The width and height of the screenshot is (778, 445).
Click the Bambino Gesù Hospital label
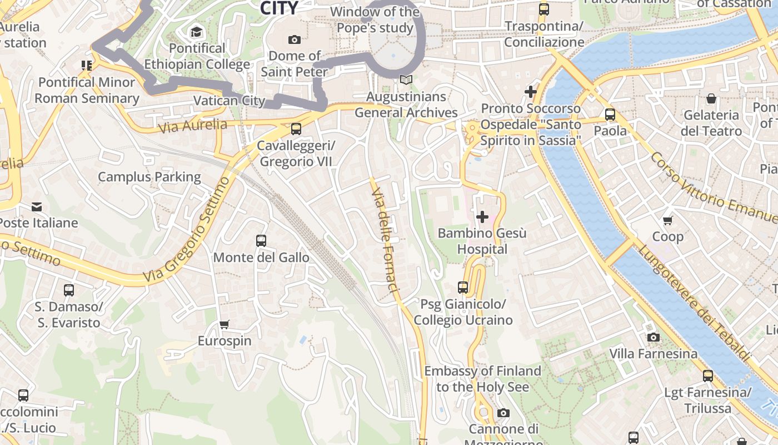click(x=482, y=241)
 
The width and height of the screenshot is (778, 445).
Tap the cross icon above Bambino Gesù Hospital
click(x=482, y=216)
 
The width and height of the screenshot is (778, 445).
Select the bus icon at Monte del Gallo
click(x=261, y=241)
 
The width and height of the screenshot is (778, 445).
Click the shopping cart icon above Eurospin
click(x=225, y=324)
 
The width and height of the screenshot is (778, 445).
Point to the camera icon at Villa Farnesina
click(x=653, y=337)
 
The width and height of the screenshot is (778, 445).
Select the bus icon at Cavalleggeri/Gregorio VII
click(x=296, y=129)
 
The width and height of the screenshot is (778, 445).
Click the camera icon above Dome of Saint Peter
click(x=295, y=39)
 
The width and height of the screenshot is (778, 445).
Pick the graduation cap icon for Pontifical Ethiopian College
click(x=196, y=32)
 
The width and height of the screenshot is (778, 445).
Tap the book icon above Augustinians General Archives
click(x=406, y=80)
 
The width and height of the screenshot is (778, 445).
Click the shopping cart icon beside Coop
click(x=668, y=220)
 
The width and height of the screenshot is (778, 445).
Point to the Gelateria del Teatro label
click(x=711, y=123)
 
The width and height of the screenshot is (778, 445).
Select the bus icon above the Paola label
click(x=610, y=115)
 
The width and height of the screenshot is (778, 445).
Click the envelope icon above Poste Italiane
click(x=37, y=207)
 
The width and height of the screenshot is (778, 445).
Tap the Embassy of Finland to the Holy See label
click(x=482, y=378)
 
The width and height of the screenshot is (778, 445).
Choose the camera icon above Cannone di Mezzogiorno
click(x=503, y=413)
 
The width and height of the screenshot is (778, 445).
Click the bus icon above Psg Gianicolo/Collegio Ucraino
click(x=463, y=288)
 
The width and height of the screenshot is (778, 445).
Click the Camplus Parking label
click(x=149, y=177)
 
